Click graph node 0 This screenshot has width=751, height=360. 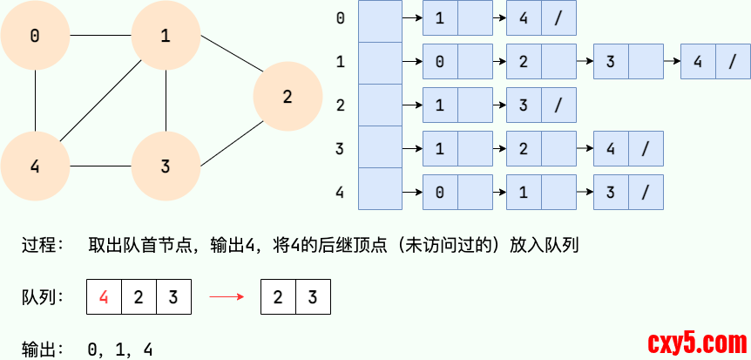click(x=35, y=36)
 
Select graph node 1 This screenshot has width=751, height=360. click(x=166, y=36)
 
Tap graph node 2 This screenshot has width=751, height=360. click(x=288, y=97)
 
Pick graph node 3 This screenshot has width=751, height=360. click(x=166, y=166)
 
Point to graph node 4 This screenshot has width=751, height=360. click(x=35, y=166)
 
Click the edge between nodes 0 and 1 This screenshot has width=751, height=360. click(x=100, y=36)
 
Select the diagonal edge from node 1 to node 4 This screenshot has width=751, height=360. click(x=100, y=100)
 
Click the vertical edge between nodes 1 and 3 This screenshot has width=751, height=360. click(x=166, y=100)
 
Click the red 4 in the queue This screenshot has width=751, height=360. click(x=104, y=297)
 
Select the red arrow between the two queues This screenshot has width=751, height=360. click(x=225, y=297)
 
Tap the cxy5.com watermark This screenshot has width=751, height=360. click(x=693, y=341)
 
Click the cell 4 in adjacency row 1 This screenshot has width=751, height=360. click(x=698, y=63)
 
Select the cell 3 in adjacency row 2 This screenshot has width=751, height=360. click(x=524, y=105)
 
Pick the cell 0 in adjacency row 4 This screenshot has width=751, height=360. click(x=440, y=191)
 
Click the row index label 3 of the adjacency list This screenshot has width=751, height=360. click(x=340, y=148)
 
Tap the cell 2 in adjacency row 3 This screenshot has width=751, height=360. click(x=524, y=148)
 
